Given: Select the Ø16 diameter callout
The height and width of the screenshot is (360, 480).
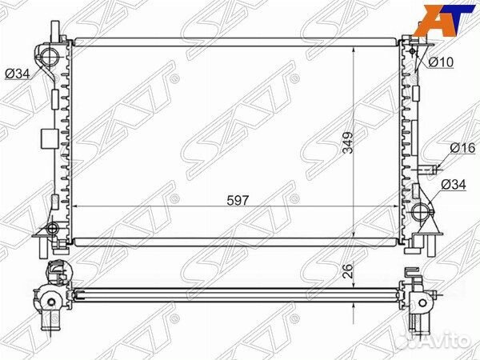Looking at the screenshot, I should click(x=462, y=148).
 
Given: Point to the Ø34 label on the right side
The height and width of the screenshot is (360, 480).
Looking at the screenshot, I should click(x=452, y=186).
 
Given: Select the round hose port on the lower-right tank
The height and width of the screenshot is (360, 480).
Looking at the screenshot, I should click(x=421, y=212).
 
